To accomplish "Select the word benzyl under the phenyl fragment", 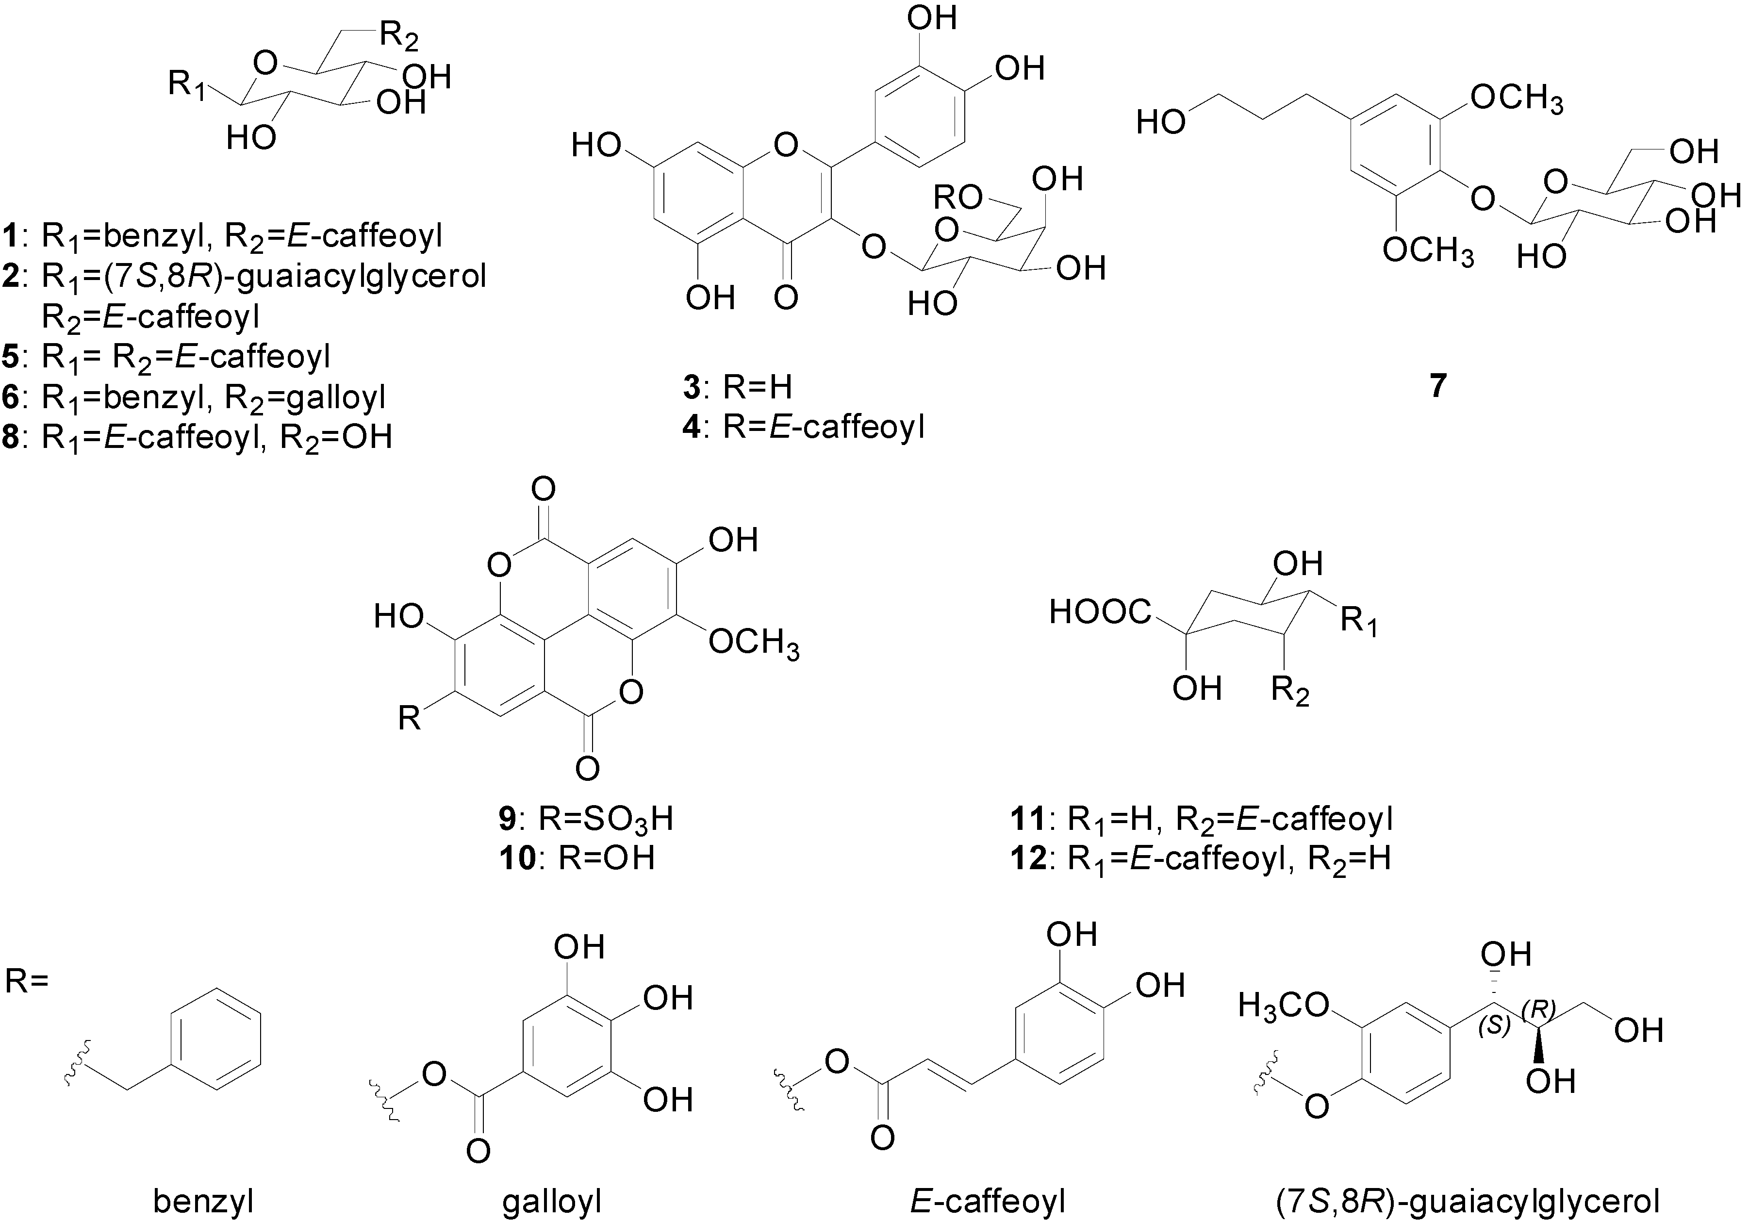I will [x=203, y=1202].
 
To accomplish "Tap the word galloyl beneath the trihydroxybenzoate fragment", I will [x=552, y=1202].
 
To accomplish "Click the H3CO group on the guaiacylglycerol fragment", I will [x=1284, y=1006].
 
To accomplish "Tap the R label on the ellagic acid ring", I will [x=410, y=718].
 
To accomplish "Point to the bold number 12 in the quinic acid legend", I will [x=1025, y=859].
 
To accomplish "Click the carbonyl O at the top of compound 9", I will [x=543, y=488].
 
